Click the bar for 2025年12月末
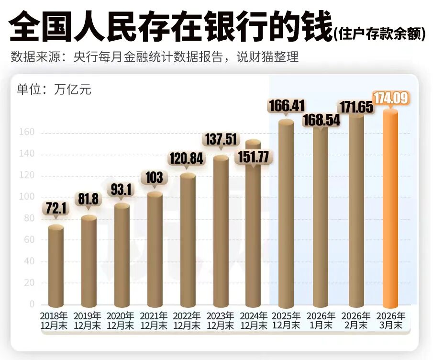pyautogui.click(x=286, y=213)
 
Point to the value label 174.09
pyautogui.click(x=391, y=99)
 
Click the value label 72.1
pyautogui.click(x=56, y=208)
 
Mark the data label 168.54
pyautogui.click(x=321, y=120)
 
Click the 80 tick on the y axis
pyautogui.click(x=28, y=218)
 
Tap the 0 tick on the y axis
pyautogui.click(x=32, y=304)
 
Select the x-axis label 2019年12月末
pyautogui.click(x=88, y=320)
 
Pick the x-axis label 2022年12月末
pyautogui.click(x=187, y=320)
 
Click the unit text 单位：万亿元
pyautogui.click(x=54, y=89)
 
